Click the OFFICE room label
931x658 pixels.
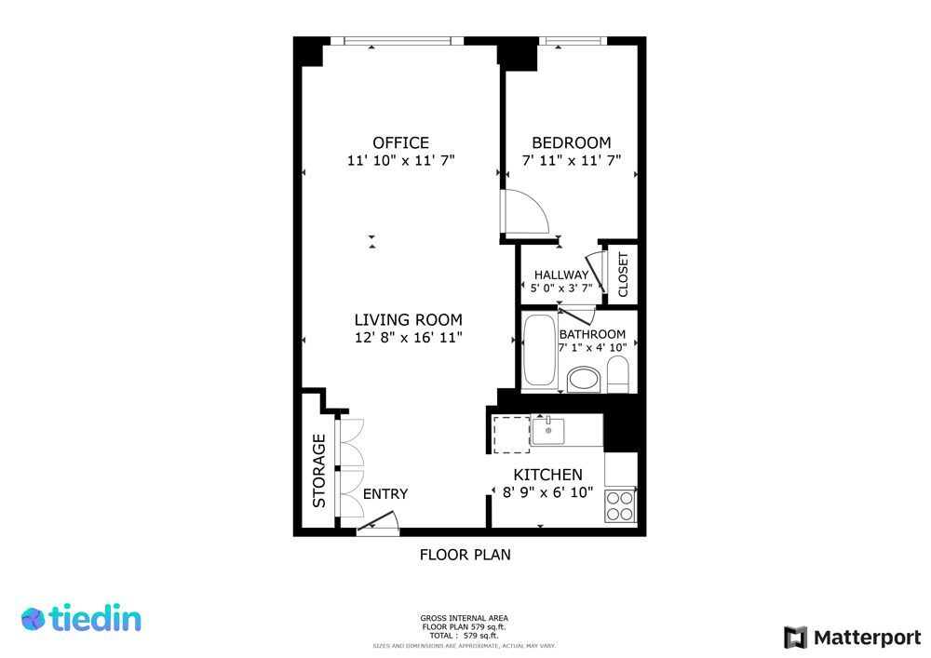(400, 142)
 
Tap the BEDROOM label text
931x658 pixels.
(572, 142)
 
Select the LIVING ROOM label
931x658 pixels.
(409, 320)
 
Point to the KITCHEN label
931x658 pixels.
(547, 475)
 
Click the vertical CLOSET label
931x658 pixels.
(623, 275)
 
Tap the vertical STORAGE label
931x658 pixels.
(319, 471)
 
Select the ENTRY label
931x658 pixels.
(385, 493)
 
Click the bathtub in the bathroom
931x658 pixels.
(540, 350)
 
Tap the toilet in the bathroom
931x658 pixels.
(618, 374)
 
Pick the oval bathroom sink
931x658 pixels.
(584, 380)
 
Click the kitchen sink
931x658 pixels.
(548, 430)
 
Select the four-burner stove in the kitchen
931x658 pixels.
(620, 506)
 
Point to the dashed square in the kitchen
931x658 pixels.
(511, 435)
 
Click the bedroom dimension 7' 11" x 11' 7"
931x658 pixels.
(572, 160)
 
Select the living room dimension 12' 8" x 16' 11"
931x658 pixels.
(409, 338)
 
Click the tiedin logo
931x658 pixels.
(81, 618)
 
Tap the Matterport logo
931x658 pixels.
(853, 638)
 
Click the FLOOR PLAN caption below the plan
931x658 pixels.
(465, 555)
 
